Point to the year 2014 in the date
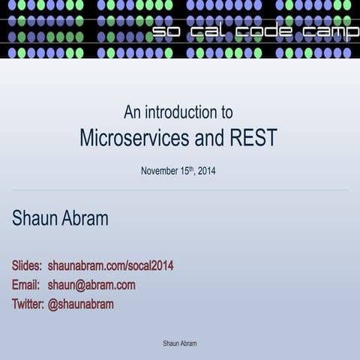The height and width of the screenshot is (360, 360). [206, 171]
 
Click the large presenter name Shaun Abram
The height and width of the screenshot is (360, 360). [60, 219]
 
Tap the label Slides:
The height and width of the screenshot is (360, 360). [27, 266]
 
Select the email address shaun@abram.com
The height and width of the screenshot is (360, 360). [91, 285]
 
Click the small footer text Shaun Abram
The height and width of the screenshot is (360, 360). [180, 343]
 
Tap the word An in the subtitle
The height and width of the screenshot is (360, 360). [132, 112]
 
